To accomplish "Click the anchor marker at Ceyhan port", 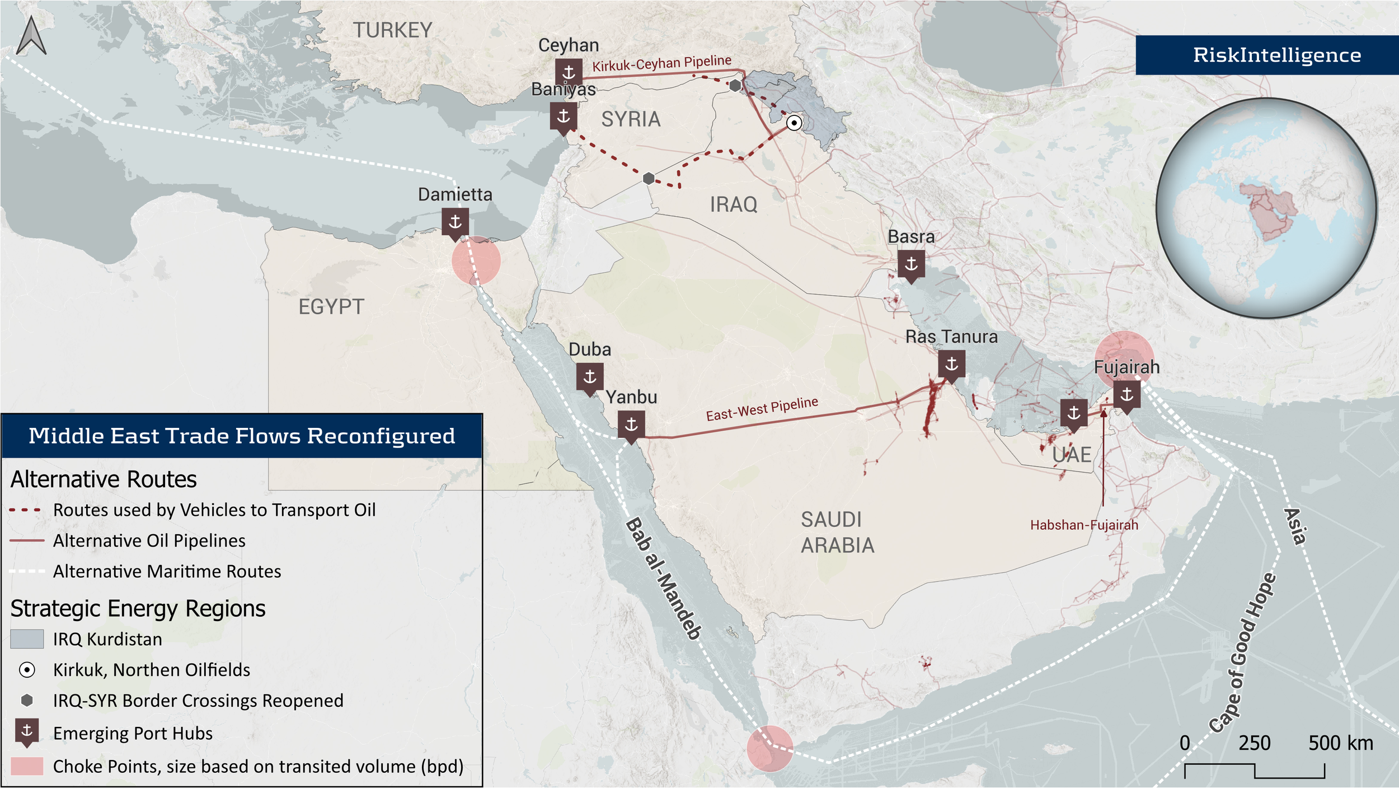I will click(569, 73).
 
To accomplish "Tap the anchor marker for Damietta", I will click(455, 222).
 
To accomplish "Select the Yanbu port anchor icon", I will click(631, 425).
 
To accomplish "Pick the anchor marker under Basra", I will click(911, 264).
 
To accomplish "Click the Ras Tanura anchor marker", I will click(951, 365).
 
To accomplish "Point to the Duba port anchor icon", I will click(590, 377).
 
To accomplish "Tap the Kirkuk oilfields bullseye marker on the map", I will click(794, 123).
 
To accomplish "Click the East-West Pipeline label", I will click(762, 409).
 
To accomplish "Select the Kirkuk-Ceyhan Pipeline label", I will click(661, 64).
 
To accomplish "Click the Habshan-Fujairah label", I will click(1084, 525).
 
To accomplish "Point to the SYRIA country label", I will click(631, 119).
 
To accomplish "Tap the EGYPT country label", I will click(331, 307).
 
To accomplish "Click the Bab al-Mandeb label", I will click(663, 579).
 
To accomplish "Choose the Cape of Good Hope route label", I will click(1243, 652).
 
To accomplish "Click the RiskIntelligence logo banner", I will click(1267, 55).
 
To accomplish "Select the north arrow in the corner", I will click(31, 36).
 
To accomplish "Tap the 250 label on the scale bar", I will click(1254, 743).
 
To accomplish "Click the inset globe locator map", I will click(1266, 208).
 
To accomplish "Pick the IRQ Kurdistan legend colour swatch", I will click(27, 639).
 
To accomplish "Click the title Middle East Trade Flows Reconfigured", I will click(242, 436).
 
